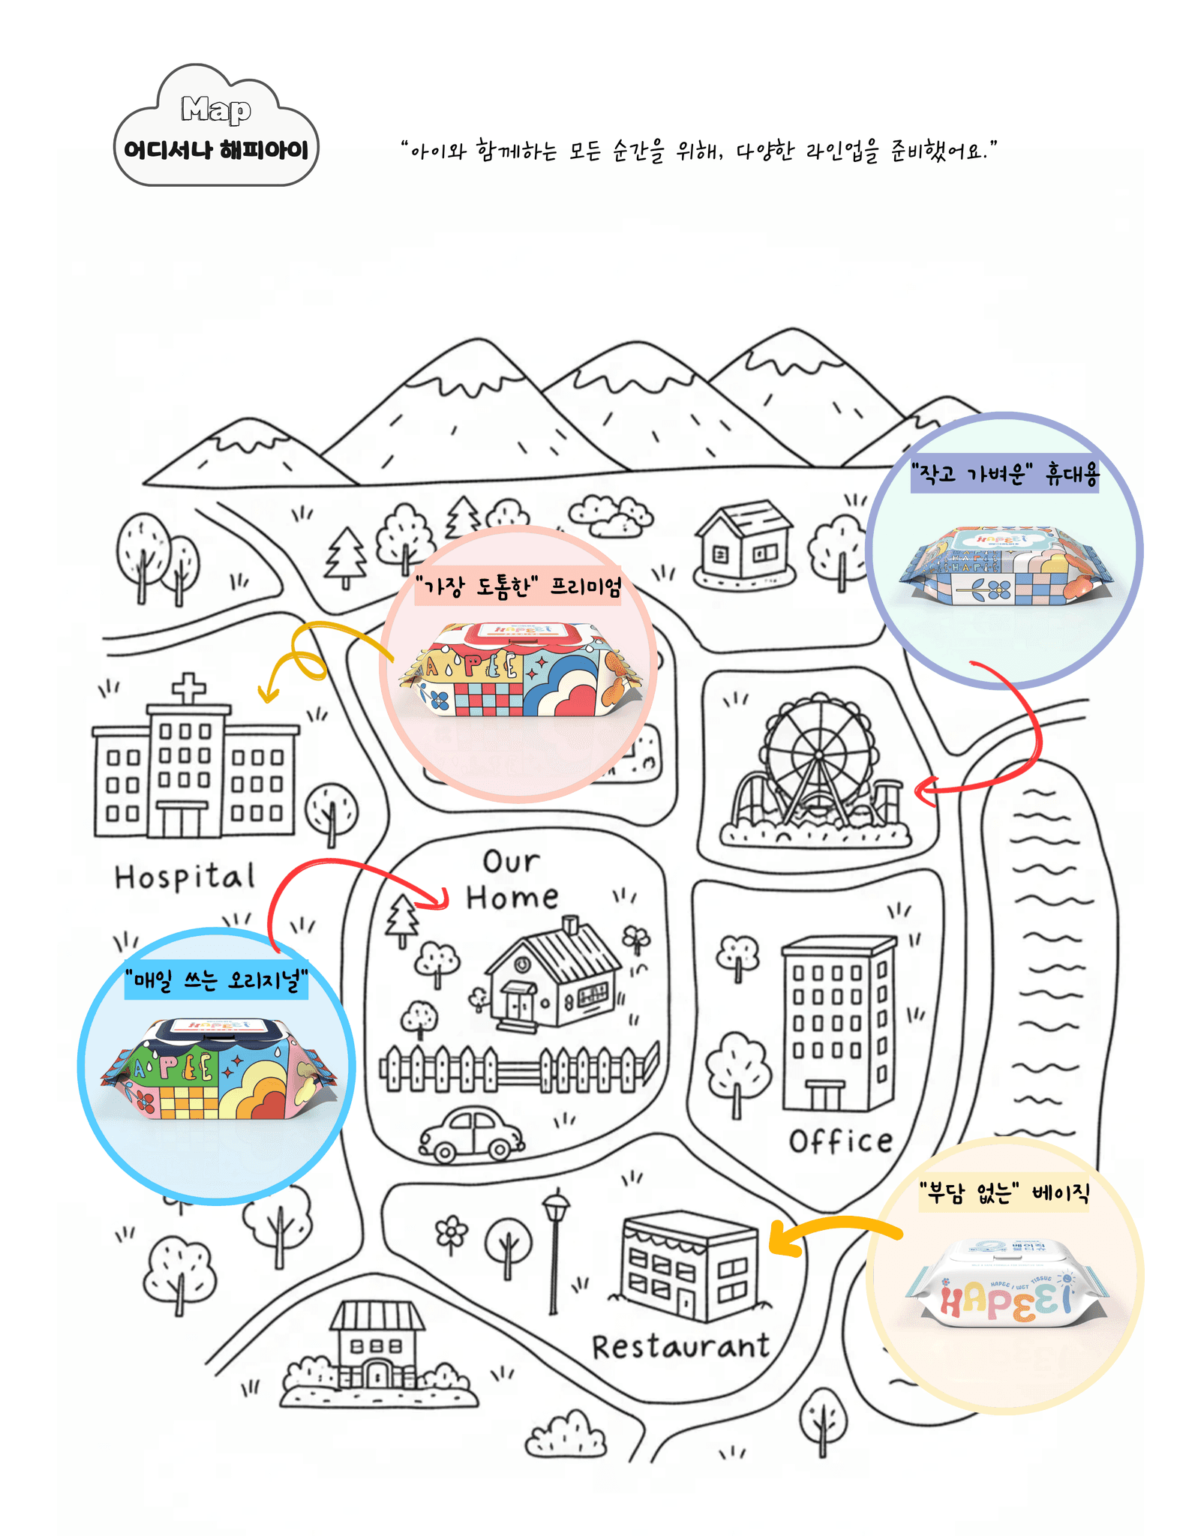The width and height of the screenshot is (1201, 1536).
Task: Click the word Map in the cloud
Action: coord(216,109)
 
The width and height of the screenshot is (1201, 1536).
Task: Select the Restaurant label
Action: coord(680,1347)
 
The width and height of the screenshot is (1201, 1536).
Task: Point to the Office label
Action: coord(840,1141)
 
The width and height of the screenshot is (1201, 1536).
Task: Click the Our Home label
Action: coord(512,880)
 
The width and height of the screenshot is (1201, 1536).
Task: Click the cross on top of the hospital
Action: coord(188,687)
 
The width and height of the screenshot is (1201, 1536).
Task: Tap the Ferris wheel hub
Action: coord(818,754)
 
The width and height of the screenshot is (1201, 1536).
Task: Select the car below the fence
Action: coord(471,1135)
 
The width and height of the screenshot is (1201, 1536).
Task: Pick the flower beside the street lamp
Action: coord(452,1234)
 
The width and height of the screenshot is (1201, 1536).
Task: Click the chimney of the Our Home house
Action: coord(571,924)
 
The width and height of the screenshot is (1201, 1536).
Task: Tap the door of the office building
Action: coord(825,1096)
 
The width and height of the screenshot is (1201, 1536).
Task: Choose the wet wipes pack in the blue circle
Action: coord(218,1069)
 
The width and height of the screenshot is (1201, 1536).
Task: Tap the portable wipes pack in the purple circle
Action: coord(1005,567)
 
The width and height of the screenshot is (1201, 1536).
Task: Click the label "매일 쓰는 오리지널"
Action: coord(216,981)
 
